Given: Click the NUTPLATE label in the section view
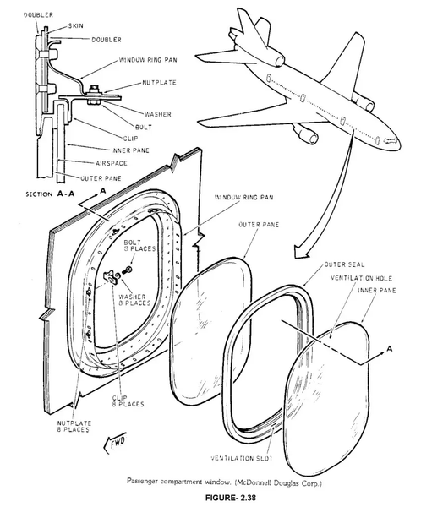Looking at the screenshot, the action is tap(160, 83).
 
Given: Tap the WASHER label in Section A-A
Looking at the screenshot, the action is tap(157, 114).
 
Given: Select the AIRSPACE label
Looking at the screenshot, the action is tap(111, 163).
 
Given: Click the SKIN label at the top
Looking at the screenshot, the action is tap(75, 26).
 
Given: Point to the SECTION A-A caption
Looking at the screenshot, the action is tap(50, 194).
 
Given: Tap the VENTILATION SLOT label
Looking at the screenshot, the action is tap(242, 458).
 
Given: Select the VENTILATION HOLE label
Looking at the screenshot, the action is tap(361, 278).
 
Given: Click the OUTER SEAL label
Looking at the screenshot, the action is tap(344, 264).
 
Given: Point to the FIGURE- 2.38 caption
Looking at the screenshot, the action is tap(231, 498).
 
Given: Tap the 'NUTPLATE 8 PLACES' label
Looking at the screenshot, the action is tap(74, 427).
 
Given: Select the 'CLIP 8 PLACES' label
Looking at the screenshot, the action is tap(128, 401).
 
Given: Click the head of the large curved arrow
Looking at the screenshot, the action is tap(303, 251).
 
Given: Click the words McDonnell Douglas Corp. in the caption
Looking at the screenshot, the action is tap(278, 483).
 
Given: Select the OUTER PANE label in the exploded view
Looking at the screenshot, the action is tap(259, 225).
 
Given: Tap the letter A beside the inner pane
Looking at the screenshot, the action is tap(389, 348).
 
